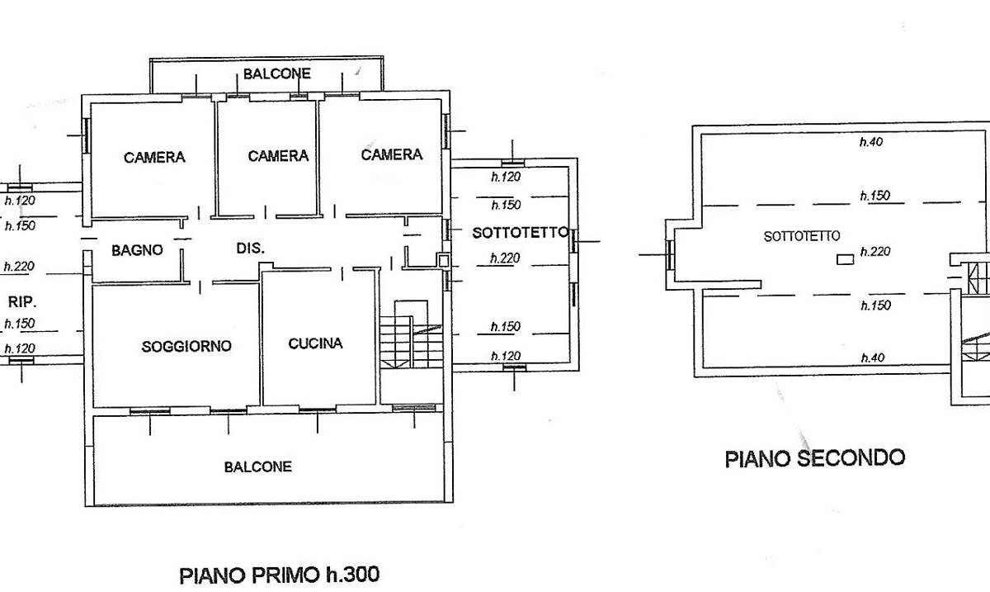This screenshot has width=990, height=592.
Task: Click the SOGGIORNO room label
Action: click(x=186, y=346)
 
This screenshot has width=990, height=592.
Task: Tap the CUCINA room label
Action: click(x=315, y=343)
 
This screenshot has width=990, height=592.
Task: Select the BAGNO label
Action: click(x=138, y=249)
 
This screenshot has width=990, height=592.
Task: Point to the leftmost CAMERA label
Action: click(x=154, y=157)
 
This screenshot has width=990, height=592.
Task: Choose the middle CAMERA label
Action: click(x=278, y=155)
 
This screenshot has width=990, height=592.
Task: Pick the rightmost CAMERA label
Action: click(x=391, y=154)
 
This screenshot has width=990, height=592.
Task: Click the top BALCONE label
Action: click(x=276, y=73)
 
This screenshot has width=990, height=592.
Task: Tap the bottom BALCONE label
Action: click(x=257, y=466)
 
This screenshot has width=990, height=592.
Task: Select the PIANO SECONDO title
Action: click(x=814, y=457)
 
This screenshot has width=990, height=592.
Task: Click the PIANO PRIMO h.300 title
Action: click(x=280, y=574)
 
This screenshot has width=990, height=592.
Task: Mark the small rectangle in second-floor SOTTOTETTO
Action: click(x=845, y=259)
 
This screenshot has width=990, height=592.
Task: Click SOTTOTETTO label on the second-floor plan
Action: click(x=802, y=236)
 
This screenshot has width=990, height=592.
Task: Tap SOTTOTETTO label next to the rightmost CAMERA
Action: click(x=520, y=234)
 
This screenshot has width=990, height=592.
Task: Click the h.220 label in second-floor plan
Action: click(x=874, y=252)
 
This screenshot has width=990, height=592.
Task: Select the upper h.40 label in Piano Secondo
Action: click(x=871, y=142)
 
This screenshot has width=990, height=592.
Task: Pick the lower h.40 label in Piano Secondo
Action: click(x=871, y=358)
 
